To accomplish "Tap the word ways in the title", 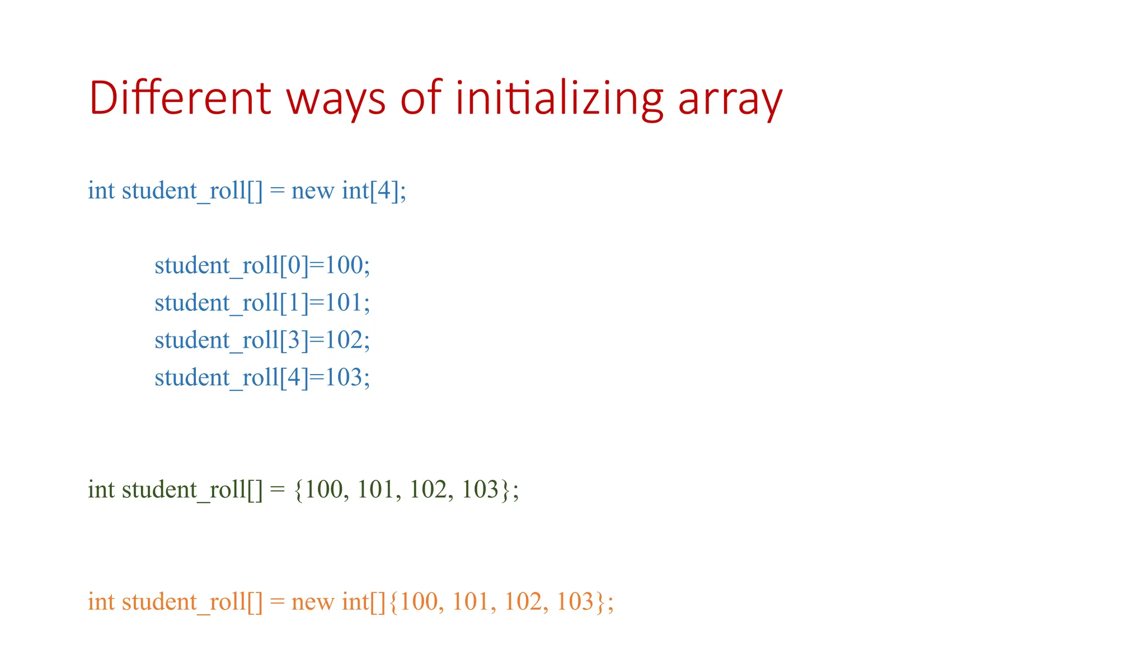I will click(x=336, y=100).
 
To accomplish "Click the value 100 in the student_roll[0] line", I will click(x=344, y=265).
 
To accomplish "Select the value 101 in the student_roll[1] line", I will click(x=344, y=303).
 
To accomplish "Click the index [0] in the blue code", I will click(x=294, y=265).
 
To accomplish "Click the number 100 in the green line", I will click(x=323, y=490).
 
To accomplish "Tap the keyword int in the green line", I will click(x=101, y=490).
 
